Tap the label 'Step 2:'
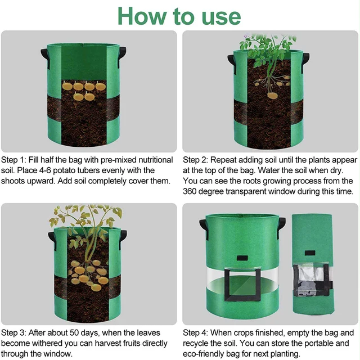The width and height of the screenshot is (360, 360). coord(196,160)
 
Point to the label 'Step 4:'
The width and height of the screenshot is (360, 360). coord(196,332)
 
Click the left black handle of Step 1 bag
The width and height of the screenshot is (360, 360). coord(44,55)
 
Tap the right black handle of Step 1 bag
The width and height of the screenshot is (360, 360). coord(122,55)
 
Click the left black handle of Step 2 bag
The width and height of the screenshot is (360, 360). coord(231,58)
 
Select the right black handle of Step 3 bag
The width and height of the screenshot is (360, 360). coord(122,236)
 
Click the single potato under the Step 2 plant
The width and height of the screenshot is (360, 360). coord(272,95)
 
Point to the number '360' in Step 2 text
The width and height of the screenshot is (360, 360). coord(192,191)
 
